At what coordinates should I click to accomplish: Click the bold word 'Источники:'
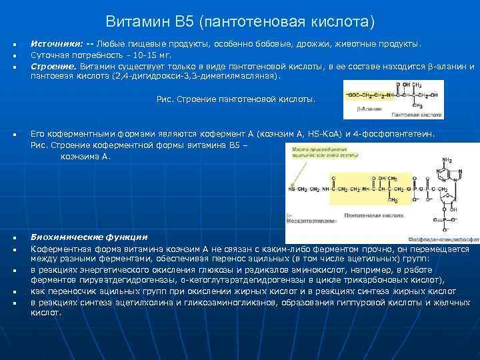56,44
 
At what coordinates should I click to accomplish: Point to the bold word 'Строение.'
55,67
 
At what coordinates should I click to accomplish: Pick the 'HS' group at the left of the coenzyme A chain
292,189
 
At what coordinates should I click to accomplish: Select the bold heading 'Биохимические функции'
89,237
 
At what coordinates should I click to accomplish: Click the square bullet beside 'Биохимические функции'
14,238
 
